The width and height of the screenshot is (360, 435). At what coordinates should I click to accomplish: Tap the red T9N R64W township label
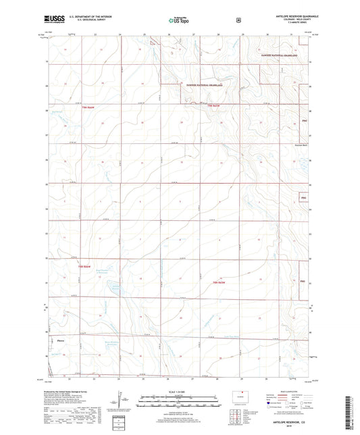click(x=213, y=106)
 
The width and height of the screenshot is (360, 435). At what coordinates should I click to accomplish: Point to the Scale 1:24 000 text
click(x=179, y=392)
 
